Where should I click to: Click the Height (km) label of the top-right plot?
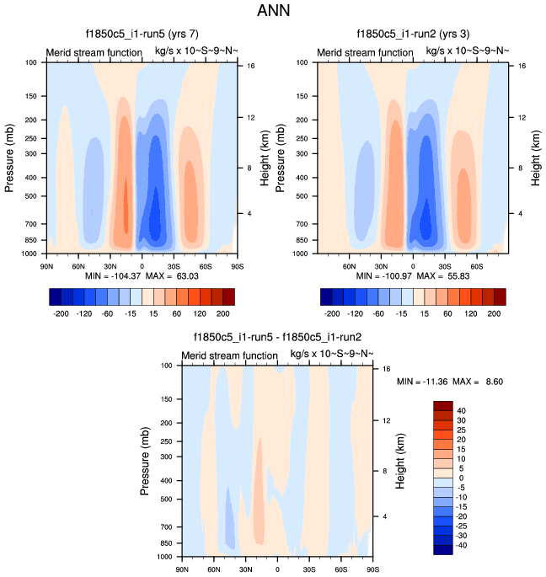533,157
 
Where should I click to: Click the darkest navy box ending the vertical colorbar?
443,549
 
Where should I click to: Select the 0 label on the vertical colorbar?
459,478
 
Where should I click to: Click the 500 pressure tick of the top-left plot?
32,196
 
